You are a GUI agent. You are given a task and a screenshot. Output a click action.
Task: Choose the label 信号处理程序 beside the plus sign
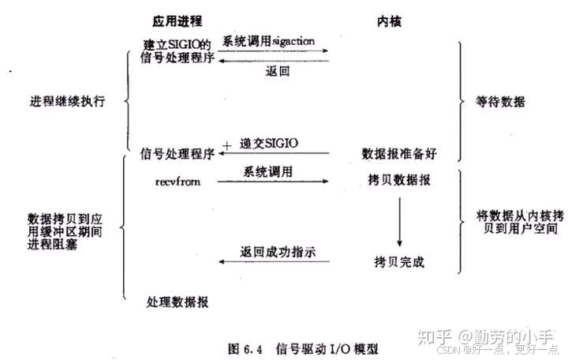click(x=177, y=151)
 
